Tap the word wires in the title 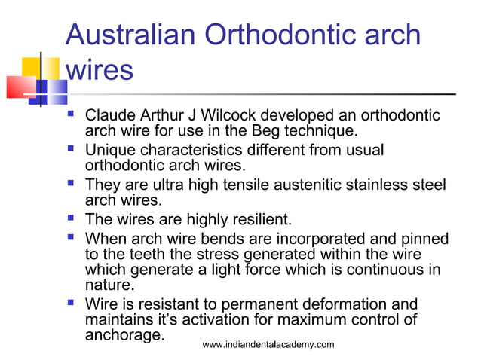pyautogui.click(x=100, y=71)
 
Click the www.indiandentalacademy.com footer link pyautogui.click(x=268, y=344)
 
